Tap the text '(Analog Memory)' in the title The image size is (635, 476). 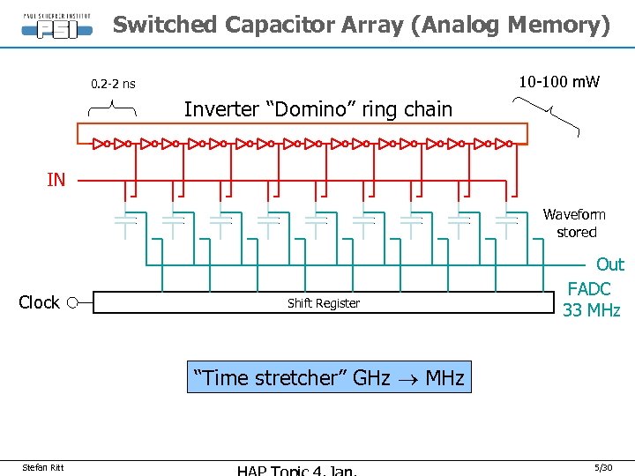(509, 25)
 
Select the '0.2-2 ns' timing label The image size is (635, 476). (114, 84)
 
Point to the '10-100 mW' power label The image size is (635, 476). (558, 82)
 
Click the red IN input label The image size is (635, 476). (56, 180)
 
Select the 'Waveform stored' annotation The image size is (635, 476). (575, 223)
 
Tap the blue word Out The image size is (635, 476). (609, 264)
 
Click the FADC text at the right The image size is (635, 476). (588, 288)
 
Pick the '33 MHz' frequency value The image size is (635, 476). (591, 310)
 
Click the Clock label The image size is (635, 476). (39, 302)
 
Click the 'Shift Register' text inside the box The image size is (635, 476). (324, 303)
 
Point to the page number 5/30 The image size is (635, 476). (603, 467)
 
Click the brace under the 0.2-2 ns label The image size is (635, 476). (113, 108)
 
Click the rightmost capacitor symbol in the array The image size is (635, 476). (506, 220)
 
